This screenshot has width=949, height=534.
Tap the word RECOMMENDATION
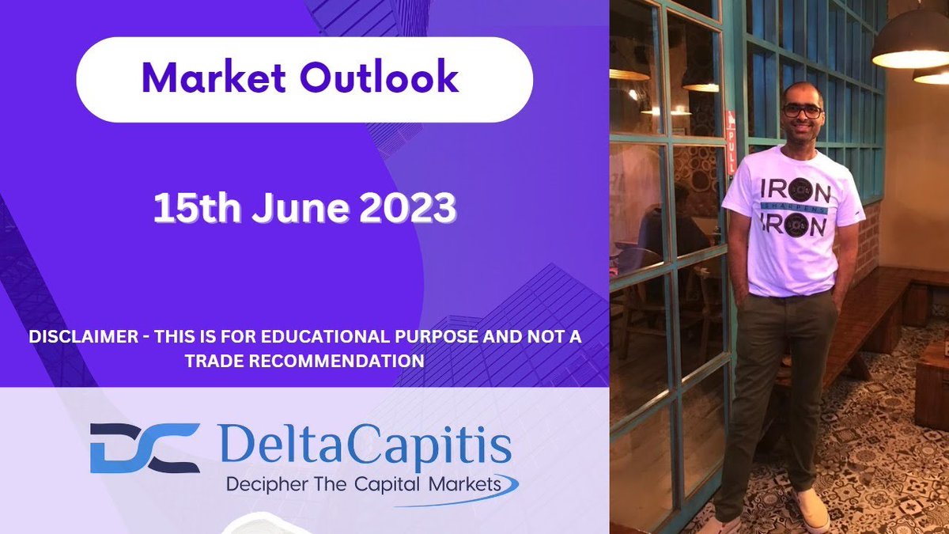(346, 360)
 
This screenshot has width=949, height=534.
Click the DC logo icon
(145, 449)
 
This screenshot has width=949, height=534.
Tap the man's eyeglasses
(801, 111)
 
